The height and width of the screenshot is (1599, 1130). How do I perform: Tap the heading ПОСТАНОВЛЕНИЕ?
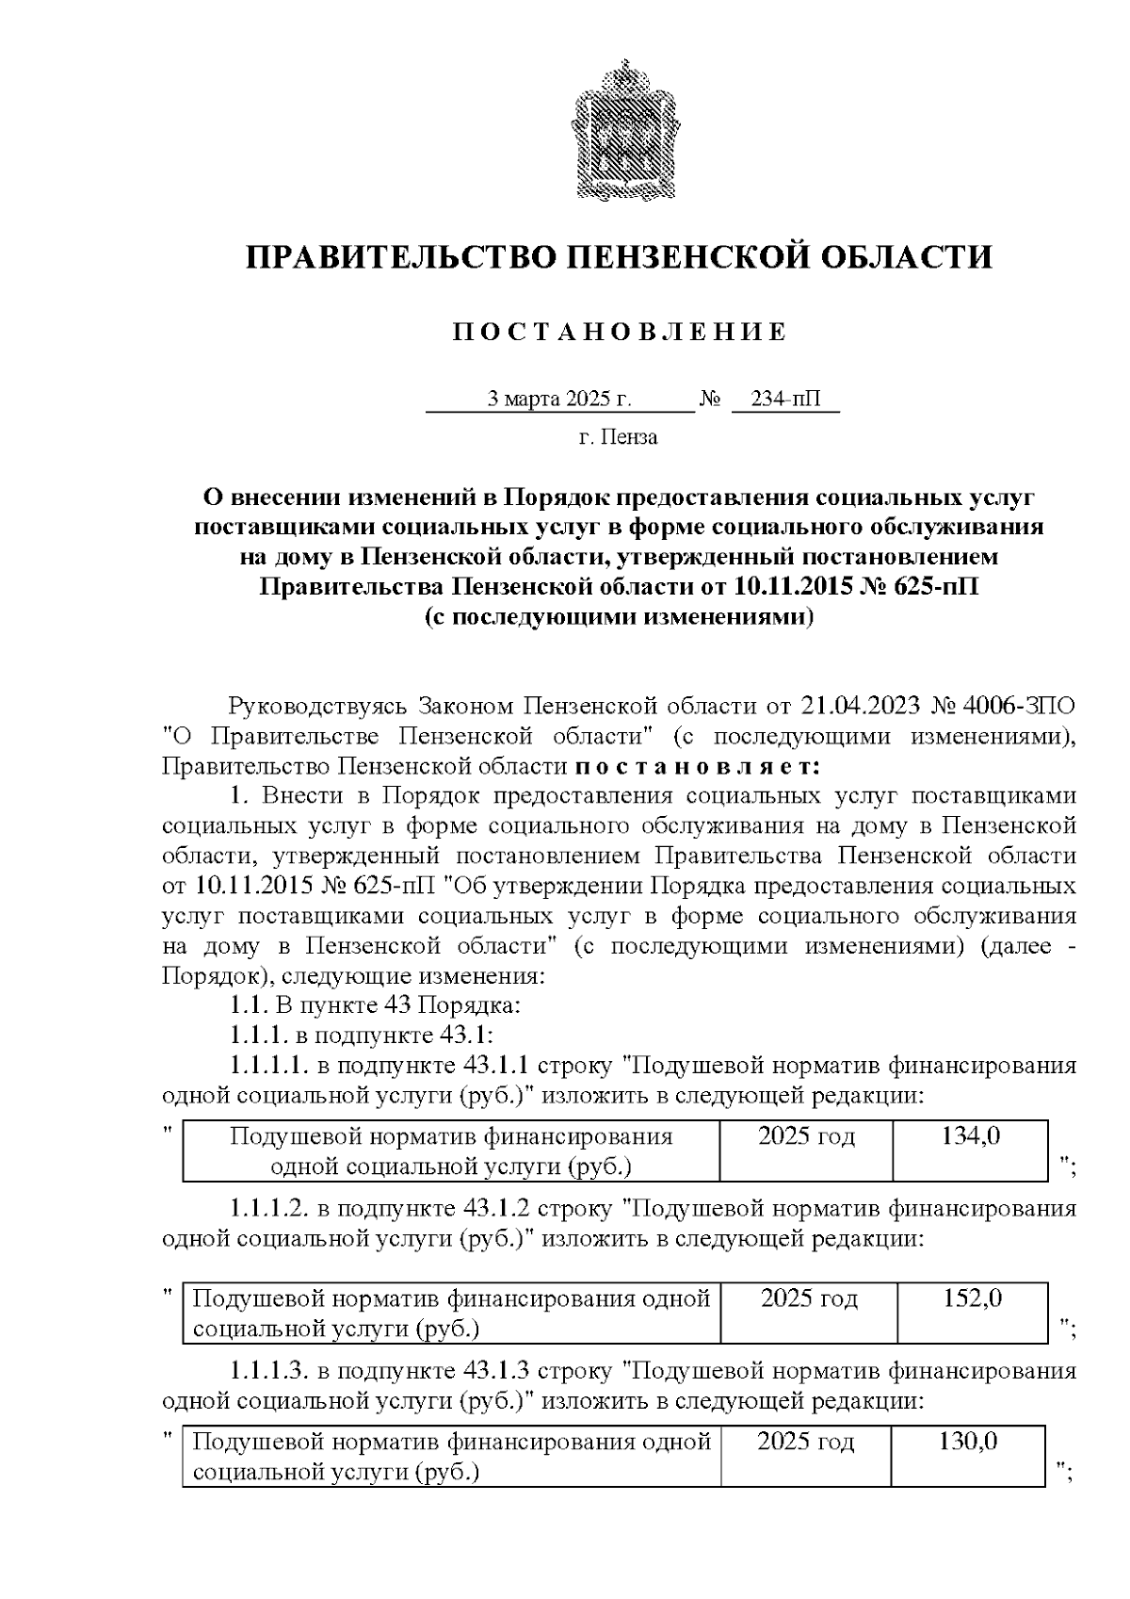(619, 332)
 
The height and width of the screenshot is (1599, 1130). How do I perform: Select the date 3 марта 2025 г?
(559, 400)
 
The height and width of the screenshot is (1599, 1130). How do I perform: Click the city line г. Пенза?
(618, 437)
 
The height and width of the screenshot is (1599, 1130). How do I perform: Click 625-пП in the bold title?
(926, 587)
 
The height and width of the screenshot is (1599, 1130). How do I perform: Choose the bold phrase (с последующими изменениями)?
(619, 617)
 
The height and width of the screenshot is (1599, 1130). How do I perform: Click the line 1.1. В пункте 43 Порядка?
(374, 1005)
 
